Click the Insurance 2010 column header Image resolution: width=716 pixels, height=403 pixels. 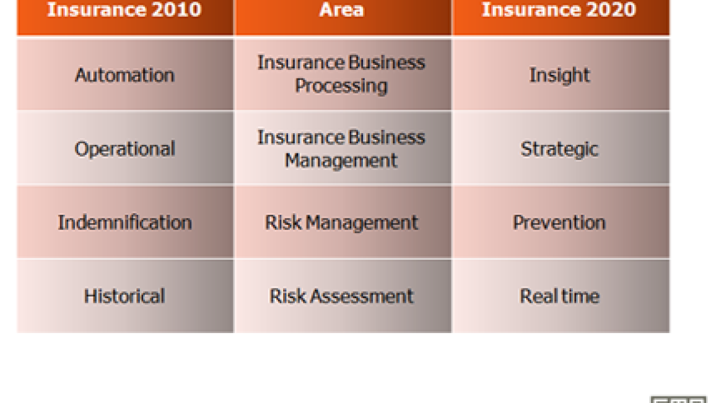coord(125,17)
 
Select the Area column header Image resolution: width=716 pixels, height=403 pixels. coord(343,17)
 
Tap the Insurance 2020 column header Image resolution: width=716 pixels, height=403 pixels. coord(561,17)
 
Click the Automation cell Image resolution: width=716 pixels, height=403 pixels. coord(125,74)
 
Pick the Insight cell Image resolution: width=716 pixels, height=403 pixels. coord(561,74)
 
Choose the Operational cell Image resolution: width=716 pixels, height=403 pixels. coord(125,148)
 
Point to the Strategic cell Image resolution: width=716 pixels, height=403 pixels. coord(561,148)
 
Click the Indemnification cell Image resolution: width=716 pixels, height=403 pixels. coord(125,222)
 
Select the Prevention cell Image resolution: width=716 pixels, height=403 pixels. coord(561,222)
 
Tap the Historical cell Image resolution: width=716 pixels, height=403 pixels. coord(125,296)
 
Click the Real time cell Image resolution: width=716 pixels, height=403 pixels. coord(561,296)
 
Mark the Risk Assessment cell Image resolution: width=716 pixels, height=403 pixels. coord(343,296)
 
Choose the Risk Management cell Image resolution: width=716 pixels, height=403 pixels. coord(343,222)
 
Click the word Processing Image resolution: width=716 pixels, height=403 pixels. coord(341,86)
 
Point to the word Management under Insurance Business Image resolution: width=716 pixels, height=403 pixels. coord(341,161)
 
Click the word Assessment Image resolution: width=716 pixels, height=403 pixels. coord(362,296)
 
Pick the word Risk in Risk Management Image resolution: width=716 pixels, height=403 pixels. coord(283,222)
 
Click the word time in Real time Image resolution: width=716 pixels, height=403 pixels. coord(580,296)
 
